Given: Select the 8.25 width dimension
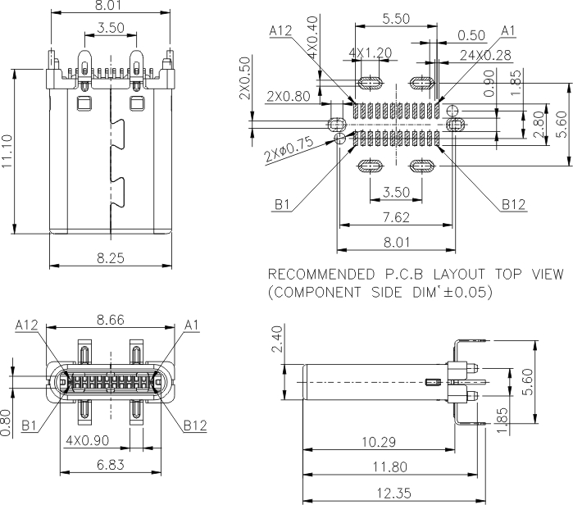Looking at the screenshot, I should click(111, 258).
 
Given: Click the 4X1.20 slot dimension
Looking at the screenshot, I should click(369, 52).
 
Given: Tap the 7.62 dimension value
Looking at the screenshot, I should click(396, 217).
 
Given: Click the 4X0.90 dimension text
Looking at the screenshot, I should click(88, 440).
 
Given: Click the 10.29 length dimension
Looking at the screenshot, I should click(378, 442).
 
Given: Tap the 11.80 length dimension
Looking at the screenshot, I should click(386, 467).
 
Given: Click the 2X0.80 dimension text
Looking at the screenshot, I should click(288, 97).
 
